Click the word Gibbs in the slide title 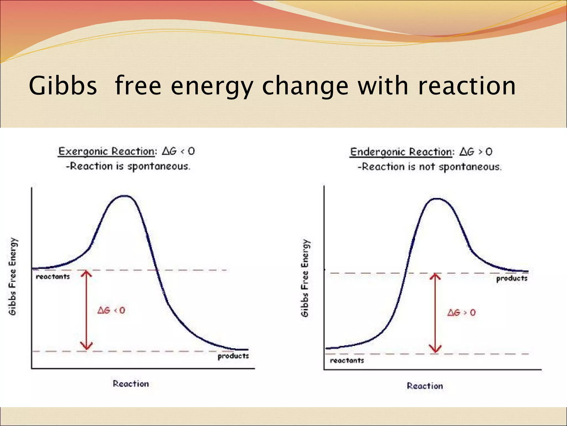(63, 86)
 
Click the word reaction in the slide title (467, 86)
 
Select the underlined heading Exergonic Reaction (106, 152)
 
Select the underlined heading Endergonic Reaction (401, 152)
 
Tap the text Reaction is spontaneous (128, 166)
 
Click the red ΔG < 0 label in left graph (111, 310)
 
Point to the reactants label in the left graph (53, 277)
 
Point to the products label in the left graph (233, 356)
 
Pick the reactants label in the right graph (347, 361)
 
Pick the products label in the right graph (512, 278)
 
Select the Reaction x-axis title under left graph (131, 384)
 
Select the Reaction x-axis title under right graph (425, 386)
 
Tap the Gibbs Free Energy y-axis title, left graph (13, 277)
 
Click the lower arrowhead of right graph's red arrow (435, 349)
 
